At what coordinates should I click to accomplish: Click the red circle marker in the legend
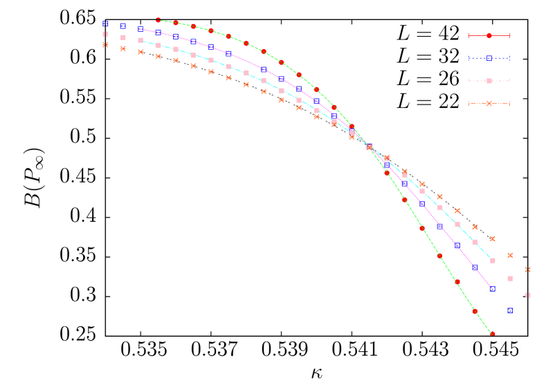[x=489, y=35]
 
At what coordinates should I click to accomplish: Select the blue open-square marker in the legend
[x=489, y=58]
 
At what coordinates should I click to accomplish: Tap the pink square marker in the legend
[x=489, y=81]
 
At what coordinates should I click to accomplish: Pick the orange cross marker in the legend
[x=489, y=104]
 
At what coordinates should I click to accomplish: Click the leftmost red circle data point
[x=158, y=20]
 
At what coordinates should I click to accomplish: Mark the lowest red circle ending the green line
[x=492, y=333]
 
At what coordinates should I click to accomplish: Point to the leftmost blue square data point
[x=105, y=24]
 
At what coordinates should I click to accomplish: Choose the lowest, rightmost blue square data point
[x=510, y=310]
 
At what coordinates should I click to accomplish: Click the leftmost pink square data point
[x=105, y=34]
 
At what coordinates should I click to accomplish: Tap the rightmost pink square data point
[x=527, y=295]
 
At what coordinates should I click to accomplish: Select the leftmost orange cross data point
[x=105, y=45]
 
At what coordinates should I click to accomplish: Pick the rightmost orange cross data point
[x=527, y=270]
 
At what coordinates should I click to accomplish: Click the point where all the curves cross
[x=369, y=147]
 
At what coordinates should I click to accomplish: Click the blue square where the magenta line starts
[x=140, y=29]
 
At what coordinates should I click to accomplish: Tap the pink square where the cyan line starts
[x=140, y=40]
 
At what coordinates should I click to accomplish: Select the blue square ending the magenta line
[x=492, y=288]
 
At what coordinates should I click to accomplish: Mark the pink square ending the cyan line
[x=492, y=261]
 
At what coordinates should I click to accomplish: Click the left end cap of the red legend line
[x=468, y=35]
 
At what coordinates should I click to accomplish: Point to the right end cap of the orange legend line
[x=509, y=104]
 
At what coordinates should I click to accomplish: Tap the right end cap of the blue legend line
[x=509, y=58]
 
